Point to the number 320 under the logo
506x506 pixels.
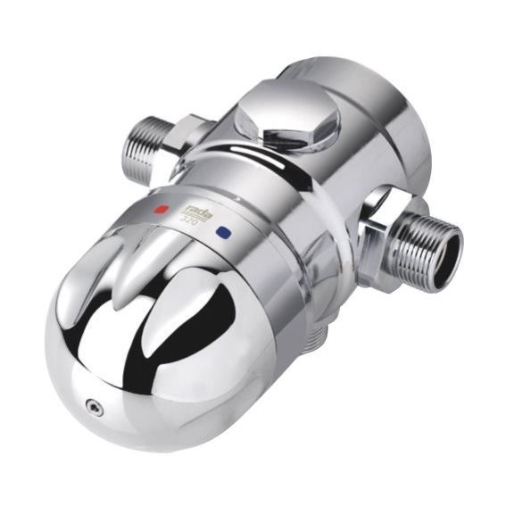pyautogui.click(x=188, y=218)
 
